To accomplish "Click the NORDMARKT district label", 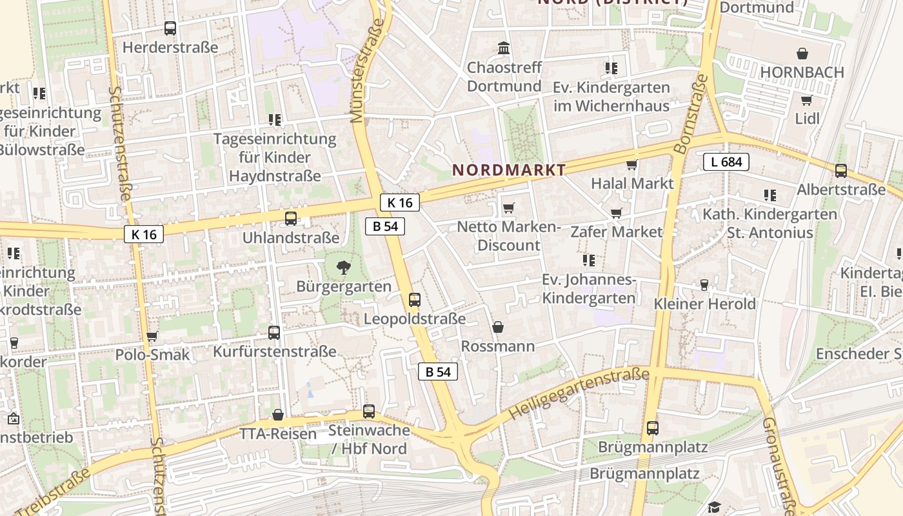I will point(509,170).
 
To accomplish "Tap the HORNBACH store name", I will point(802,72).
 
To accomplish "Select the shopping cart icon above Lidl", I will point(806,100).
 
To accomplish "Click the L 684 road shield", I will point(726,162).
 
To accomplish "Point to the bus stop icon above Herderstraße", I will point(170,28).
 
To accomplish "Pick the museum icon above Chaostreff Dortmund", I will point(504,48).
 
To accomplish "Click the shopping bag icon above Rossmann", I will point(498,328).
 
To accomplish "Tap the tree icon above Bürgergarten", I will point(343,266).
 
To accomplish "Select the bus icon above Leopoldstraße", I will point(415,300).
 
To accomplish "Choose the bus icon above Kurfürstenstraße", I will point(274,333).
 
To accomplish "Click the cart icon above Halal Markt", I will point(632,164).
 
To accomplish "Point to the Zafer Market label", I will point(616,232).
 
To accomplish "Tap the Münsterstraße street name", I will point(366,71).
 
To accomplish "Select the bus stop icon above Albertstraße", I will point(841,171).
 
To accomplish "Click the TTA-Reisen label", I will point(278,433).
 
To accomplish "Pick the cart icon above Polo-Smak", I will point(152,336).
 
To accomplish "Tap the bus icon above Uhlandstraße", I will point(291,219).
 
